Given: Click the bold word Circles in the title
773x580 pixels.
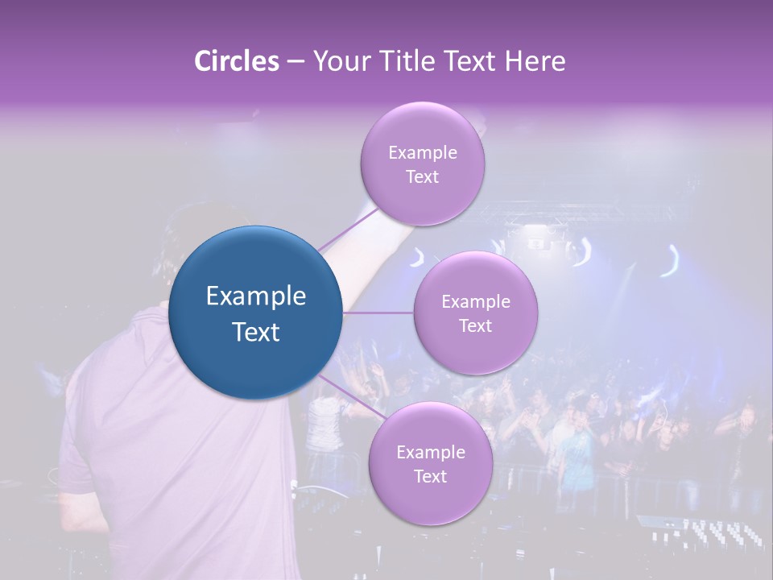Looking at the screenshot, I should (236, 61).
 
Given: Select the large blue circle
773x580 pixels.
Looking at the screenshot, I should (256, 313).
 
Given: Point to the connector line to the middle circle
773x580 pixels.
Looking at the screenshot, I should (378, 313).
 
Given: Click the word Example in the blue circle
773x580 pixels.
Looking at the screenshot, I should (256, 296).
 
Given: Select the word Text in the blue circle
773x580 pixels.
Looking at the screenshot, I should (256, 332).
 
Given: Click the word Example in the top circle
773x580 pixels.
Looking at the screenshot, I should (422, 153).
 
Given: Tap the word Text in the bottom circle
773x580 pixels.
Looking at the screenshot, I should (430, 476).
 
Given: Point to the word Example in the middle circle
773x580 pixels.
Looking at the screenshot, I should (475, 302).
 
